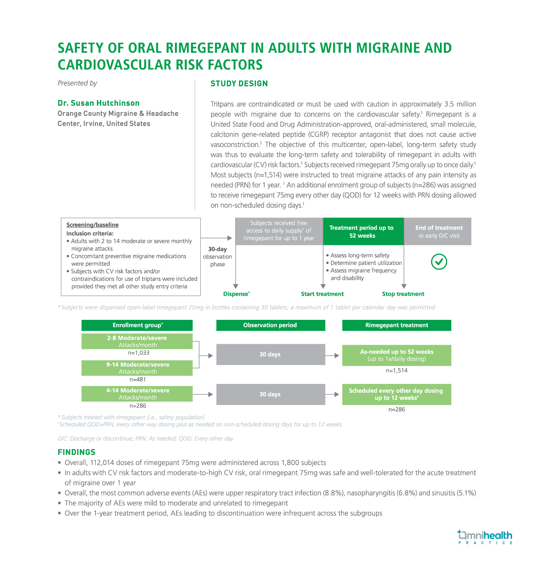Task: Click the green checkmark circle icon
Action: coord(439,262)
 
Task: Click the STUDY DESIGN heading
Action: coord(239,83)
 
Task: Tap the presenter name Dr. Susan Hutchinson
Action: coord(99,103)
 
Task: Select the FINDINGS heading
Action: coord(76,452)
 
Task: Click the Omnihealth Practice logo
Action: coord(485,537)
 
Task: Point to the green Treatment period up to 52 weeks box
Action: coord(363,231)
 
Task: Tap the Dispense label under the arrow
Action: coord(236,294)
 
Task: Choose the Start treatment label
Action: coord(322,294)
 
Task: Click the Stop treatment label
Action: coord(403,294)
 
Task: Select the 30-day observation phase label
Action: coord(218,257)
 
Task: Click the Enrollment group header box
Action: coord(137,325)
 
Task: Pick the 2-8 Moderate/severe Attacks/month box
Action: coord(137,341)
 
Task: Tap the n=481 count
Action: coord(138,379)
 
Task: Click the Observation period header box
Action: coord(270,325)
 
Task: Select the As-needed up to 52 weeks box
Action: coord(396,355)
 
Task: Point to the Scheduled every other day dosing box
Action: coord(396,394)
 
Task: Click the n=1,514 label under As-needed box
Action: coord(396,370)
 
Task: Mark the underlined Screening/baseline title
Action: coord(92,225)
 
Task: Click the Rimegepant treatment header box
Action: coord(396,325)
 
